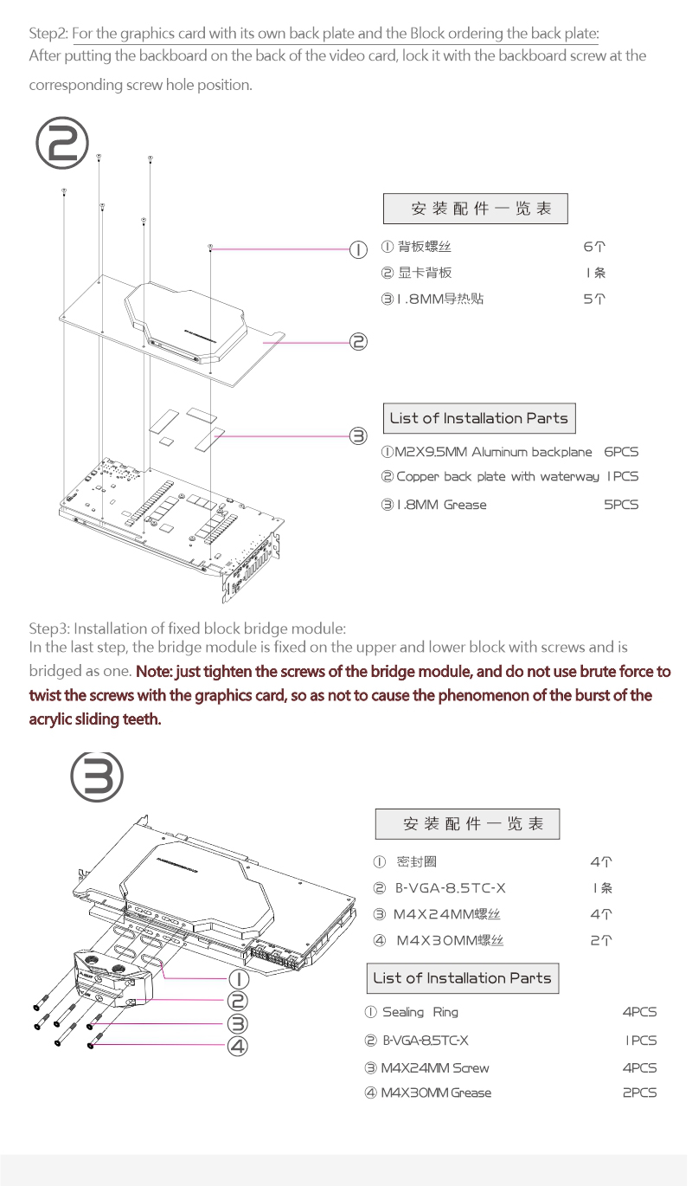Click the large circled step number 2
(x=61, y=144)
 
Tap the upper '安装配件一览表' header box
(x=476, y=209)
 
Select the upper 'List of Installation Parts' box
(x=478, y=418)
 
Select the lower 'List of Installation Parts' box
(x=462, y=978)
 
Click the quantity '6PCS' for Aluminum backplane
(x=621, y=452)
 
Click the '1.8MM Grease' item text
(x=441, y=505)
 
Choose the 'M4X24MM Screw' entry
(x=434, y=1067)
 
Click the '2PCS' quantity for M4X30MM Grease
(x=639, y=1093)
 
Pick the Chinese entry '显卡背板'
(x=425, y=273)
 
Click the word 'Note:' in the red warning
(x=154, y=672)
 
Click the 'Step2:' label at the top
(x=48, y=35)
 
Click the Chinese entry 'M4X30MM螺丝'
(x=449, y=940)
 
